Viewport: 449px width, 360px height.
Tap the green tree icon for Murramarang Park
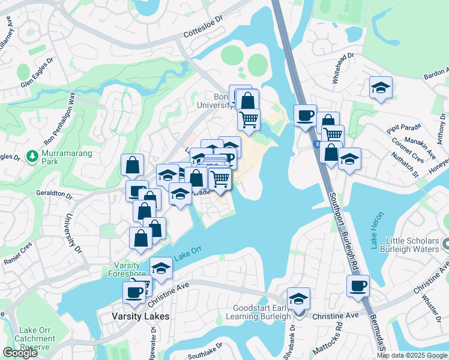(x=32, y=157)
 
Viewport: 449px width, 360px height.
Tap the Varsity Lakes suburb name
(x=140, y=316)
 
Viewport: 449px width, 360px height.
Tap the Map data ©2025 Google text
(x=411, y=355)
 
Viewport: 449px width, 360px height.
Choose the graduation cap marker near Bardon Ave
(x=380, y=89)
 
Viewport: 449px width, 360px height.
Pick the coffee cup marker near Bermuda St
(x=358, y=287)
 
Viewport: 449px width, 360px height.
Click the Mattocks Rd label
(x=330, y=338)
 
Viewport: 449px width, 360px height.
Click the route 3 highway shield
(x=316, y=145)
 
